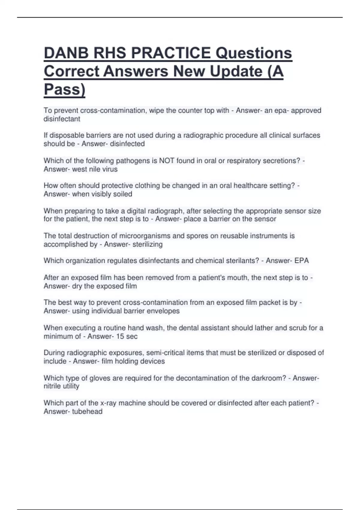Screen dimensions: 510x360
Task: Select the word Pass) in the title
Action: click(64, 89)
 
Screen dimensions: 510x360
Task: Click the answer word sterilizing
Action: click(147, 244)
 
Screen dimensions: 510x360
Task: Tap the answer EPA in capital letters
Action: click(301, 260)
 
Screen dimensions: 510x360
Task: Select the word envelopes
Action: click(165, 311)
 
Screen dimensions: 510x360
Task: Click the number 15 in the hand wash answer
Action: click(120, 336)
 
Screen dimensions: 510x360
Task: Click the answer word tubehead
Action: click(87, 411)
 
